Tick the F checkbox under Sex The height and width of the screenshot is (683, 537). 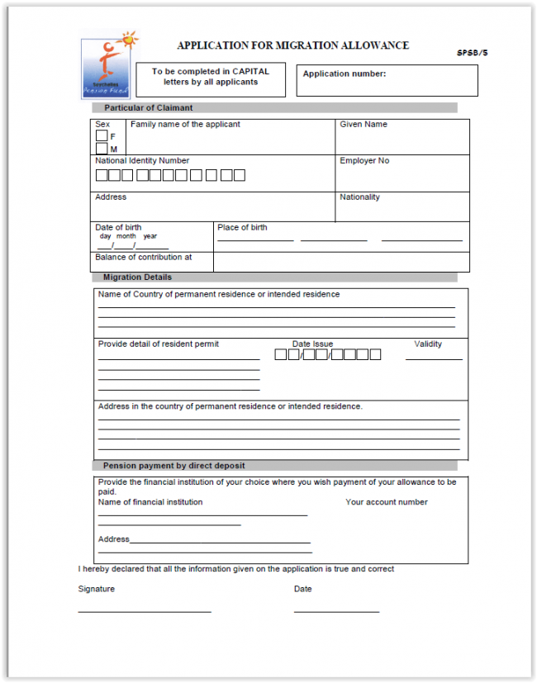pos(102,136)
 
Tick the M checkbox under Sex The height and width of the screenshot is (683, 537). pos(102,149)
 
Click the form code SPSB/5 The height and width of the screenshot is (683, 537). pos(473,53)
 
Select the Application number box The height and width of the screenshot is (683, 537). pos(387,80)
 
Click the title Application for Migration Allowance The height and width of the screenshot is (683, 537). pos(292,45)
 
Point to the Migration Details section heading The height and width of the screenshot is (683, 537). pos(138,277)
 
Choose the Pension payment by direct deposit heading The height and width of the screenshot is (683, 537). pos(173,466)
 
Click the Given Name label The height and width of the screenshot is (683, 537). pos(364,125)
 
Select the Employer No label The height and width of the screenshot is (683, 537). pos(364,161)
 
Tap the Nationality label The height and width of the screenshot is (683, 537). pos(360,197)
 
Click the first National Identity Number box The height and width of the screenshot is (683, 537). pos(102,175)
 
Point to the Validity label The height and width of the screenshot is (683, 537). pos(428,344)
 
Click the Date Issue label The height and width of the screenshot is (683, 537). pos(312,344)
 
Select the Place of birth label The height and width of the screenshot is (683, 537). pos(242,228)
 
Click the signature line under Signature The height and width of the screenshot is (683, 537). pos(145,611)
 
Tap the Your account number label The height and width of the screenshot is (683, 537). pos(387,502)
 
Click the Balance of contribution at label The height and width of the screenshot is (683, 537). pos(144,258)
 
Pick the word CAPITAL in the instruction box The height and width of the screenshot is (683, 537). pos(250,72)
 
